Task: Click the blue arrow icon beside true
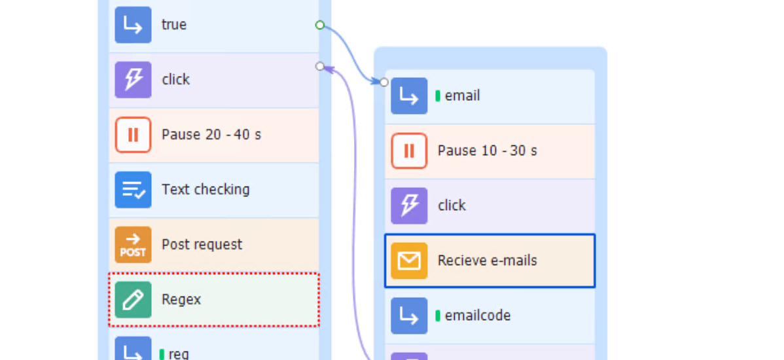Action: (x=133, y=24)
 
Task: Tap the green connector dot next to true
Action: (x=320, y=25)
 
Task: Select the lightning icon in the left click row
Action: (x=133, y=79)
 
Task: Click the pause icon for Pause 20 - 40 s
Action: (x=133, y=134)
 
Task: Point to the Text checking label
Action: (x=205, y=190)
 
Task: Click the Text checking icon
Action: (x=133, y=190)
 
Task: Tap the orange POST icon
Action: (x=133, y=245)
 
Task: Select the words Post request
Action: (x=202, y=245)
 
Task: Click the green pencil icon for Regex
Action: (x=133, y=300)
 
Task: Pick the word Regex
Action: (x=181, y=300)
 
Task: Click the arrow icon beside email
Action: (x=409, y=96)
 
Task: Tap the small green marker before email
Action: (x=438, y=96)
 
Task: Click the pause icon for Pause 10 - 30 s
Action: (x=409, y=151)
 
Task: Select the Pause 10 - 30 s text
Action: (x=488, y=151)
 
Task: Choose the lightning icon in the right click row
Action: (x=409, y=206)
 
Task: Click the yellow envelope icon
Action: (x=409, y=261)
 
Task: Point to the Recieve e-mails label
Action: (x=488, y=261)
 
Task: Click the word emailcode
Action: (x=478, y=315)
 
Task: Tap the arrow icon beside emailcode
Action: (x=409, y=315)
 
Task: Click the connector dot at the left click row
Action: (x=320, y=66)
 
